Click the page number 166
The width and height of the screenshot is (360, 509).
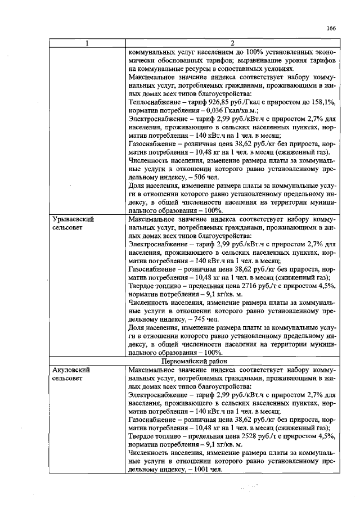tap(330, 28)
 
